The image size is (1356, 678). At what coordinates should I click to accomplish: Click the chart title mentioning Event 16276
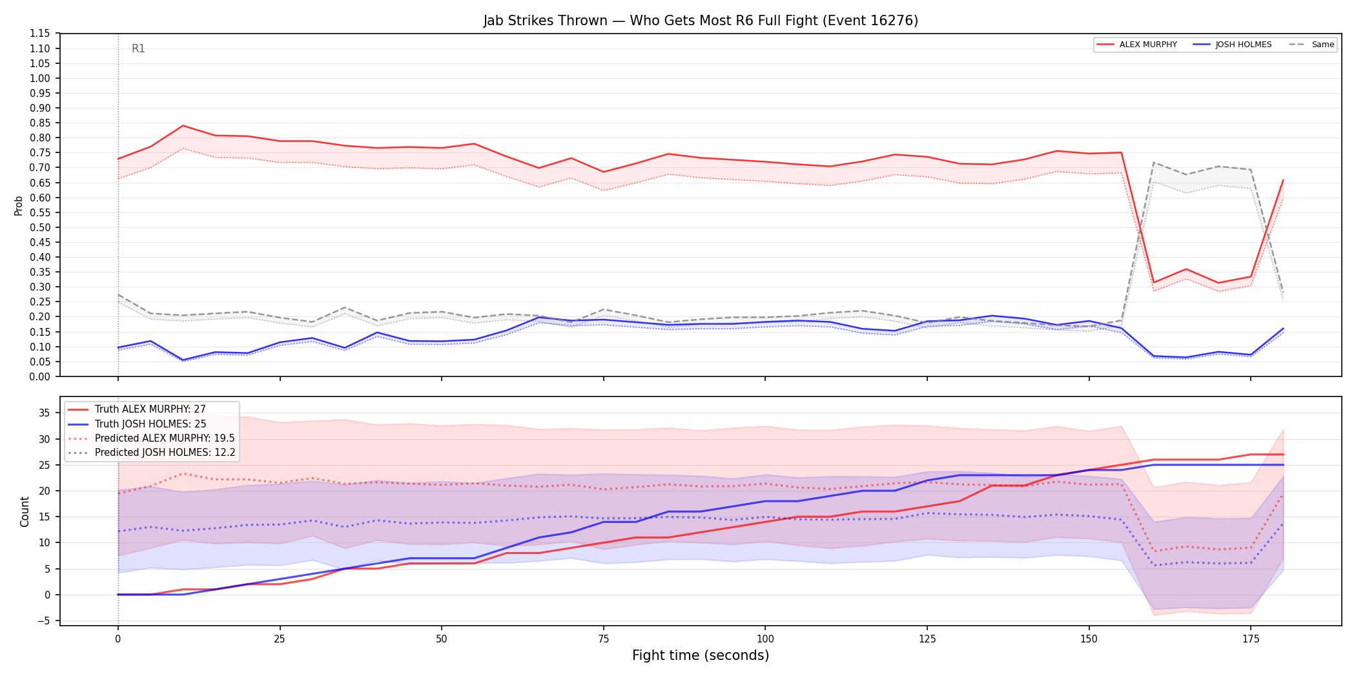701,21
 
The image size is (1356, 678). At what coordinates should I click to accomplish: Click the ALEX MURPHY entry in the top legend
1137,45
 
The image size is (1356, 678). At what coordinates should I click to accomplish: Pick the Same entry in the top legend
1311,45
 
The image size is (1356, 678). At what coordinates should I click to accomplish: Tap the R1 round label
138,48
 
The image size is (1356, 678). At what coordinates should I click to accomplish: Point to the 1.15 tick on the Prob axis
40,34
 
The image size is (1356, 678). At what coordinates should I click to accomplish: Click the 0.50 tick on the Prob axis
40,227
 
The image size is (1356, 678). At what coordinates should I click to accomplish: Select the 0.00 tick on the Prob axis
40,376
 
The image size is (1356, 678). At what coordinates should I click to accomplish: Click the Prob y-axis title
19,205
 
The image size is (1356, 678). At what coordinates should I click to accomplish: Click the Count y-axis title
25,511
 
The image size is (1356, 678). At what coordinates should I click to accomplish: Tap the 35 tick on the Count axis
44,413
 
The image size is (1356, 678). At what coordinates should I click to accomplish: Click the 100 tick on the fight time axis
765,639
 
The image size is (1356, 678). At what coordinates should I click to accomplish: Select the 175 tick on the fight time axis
1251,639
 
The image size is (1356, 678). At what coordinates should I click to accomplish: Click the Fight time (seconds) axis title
701,655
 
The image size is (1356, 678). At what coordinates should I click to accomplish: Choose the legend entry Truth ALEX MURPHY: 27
150,409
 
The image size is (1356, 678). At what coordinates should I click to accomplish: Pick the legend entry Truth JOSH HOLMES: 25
150,424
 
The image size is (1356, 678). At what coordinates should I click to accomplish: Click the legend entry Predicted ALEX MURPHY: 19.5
165,438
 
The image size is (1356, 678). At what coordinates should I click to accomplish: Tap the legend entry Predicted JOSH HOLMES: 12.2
165,452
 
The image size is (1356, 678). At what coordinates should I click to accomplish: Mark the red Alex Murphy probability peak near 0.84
183,126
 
